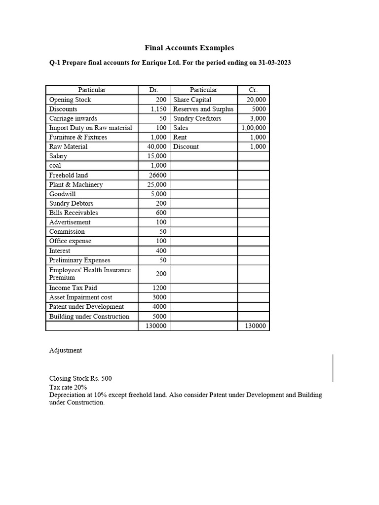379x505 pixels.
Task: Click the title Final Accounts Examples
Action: [189, 48]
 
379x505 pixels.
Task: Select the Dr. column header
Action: [153, 90]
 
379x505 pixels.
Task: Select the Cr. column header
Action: [253, 90]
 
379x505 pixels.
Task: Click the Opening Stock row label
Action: [70, 100]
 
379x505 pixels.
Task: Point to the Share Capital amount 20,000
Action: [256, 100]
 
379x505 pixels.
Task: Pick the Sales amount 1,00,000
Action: [254, 128]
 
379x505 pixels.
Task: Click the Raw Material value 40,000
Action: [157, 146]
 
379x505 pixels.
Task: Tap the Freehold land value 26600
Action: [157, 175]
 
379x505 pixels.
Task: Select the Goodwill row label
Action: [63, 194]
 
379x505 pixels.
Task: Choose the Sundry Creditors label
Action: [197, 118]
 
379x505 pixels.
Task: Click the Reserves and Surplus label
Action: [203, 109]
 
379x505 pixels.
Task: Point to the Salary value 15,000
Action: [157, 156]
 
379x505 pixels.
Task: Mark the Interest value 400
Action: [161, 251]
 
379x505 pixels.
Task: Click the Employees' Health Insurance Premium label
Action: [90, 274]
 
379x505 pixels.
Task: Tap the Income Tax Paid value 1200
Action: [160, 288]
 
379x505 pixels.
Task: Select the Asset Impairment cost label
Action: [80, 297]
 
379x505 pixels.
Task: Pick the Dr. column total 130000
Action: [156, 326]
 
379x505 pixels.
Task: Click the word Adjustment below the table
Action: [66, 350]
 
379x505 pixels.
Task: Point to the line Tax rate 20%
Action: [68, 387]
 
